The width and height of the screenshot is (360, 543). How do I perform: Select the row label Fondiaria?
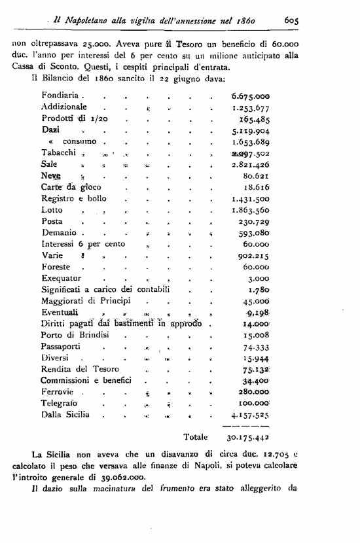(x=60, y=96)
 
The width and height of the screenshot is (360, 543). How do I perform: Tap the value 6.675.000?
(x=251, y=96)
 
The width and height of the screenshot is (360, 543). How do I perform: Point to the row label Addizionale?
(x=63, y=107)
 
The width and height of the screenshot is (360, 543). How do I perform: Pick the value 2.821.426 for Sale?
(x=251, y=164)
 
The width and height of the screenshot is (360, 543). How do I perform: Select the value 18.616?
(x=257, y=187)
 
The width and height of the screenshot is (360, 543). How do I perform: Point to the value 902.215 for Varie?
(x=254, y=256)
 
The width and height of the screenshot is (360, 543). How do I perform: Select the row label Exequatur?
(x=61, y=278)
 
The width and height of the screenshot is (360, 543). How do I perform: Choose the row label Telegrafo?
(x=60, y=404)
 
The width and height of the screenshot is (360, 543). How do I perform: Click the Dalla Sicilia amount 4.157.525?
(x=251, y=415)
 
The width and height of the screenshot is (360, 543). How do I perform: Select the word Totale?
(x=196, y=436)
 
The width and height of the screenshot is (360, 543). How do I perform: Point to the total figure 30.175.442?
(x=248, y=437)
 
